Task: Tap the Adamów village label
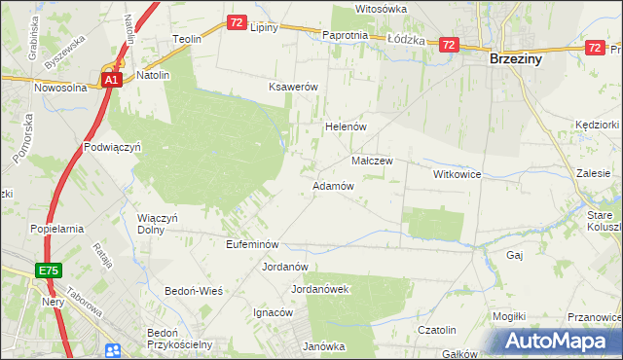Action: pos(332,185)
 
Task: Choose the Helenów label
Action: pos(344,126)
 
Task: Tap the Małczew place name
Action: pos(371,161)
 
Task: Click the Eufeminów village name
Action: pos(252,244)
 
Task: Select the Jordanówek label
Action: pos(320,289)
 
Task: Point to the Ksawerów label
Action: pos(294,87)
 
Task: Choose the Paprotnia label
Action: pos(345,35)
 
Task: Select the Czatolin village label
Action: pos(437,330)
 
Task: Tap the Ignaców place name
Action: pos(273,312)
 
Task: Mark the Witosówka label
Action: pos(381,8)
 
